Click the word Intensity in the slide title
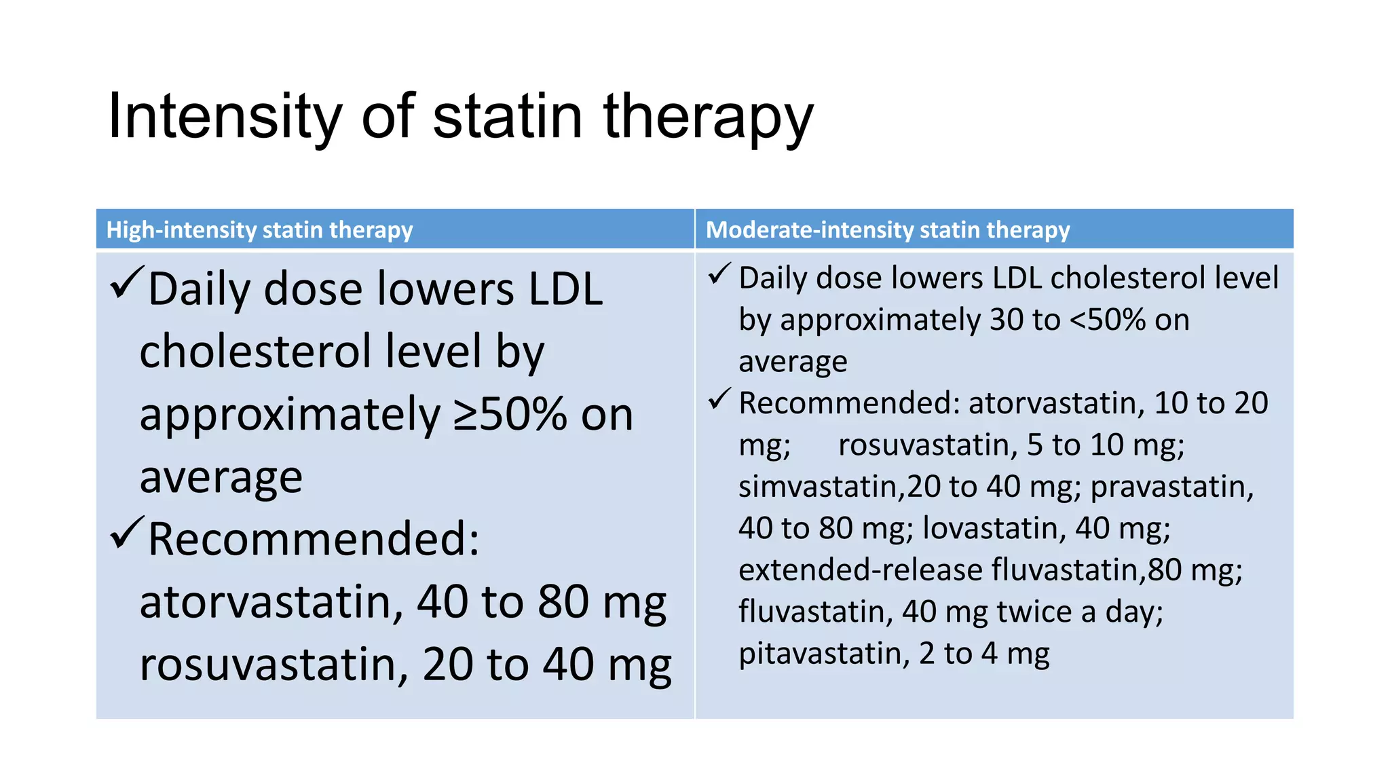pos(224,117)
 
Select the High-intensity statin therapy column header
pos(259,230)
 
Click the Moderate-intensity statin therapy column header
pos(888,230)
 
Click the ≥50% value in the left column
pos(509,414)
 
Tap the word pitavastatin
pos(823,654)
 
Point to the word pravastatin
pos(1171,487)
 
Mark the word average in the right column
pos(793,362)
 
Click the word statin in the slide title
pos(508,117)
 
